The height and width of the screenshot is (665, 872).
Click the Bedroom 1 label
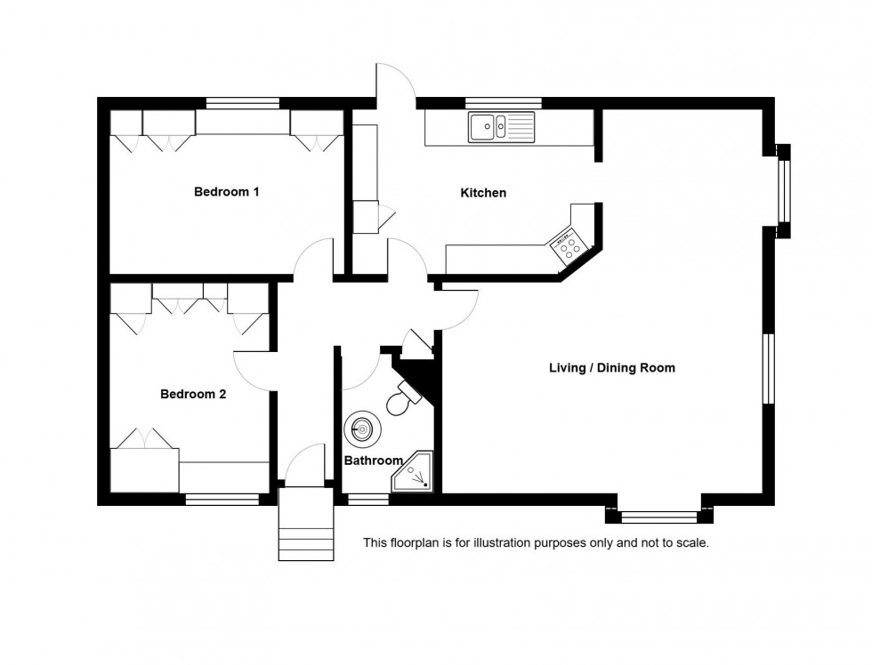(227, 191)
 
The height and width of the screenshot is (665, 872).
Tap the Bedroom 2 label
(193, 394)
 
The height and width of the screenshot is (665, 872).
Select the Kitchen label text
(483, 193)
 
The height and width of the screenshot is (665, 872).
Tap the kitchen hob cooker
(566, 244)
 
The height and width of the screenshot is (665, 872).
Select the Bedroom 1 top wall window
(242, 102)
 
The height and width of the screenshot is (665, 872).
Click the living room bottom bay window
(658, 514)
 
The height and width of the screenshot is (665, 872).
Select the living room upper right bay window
(784, 191)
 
